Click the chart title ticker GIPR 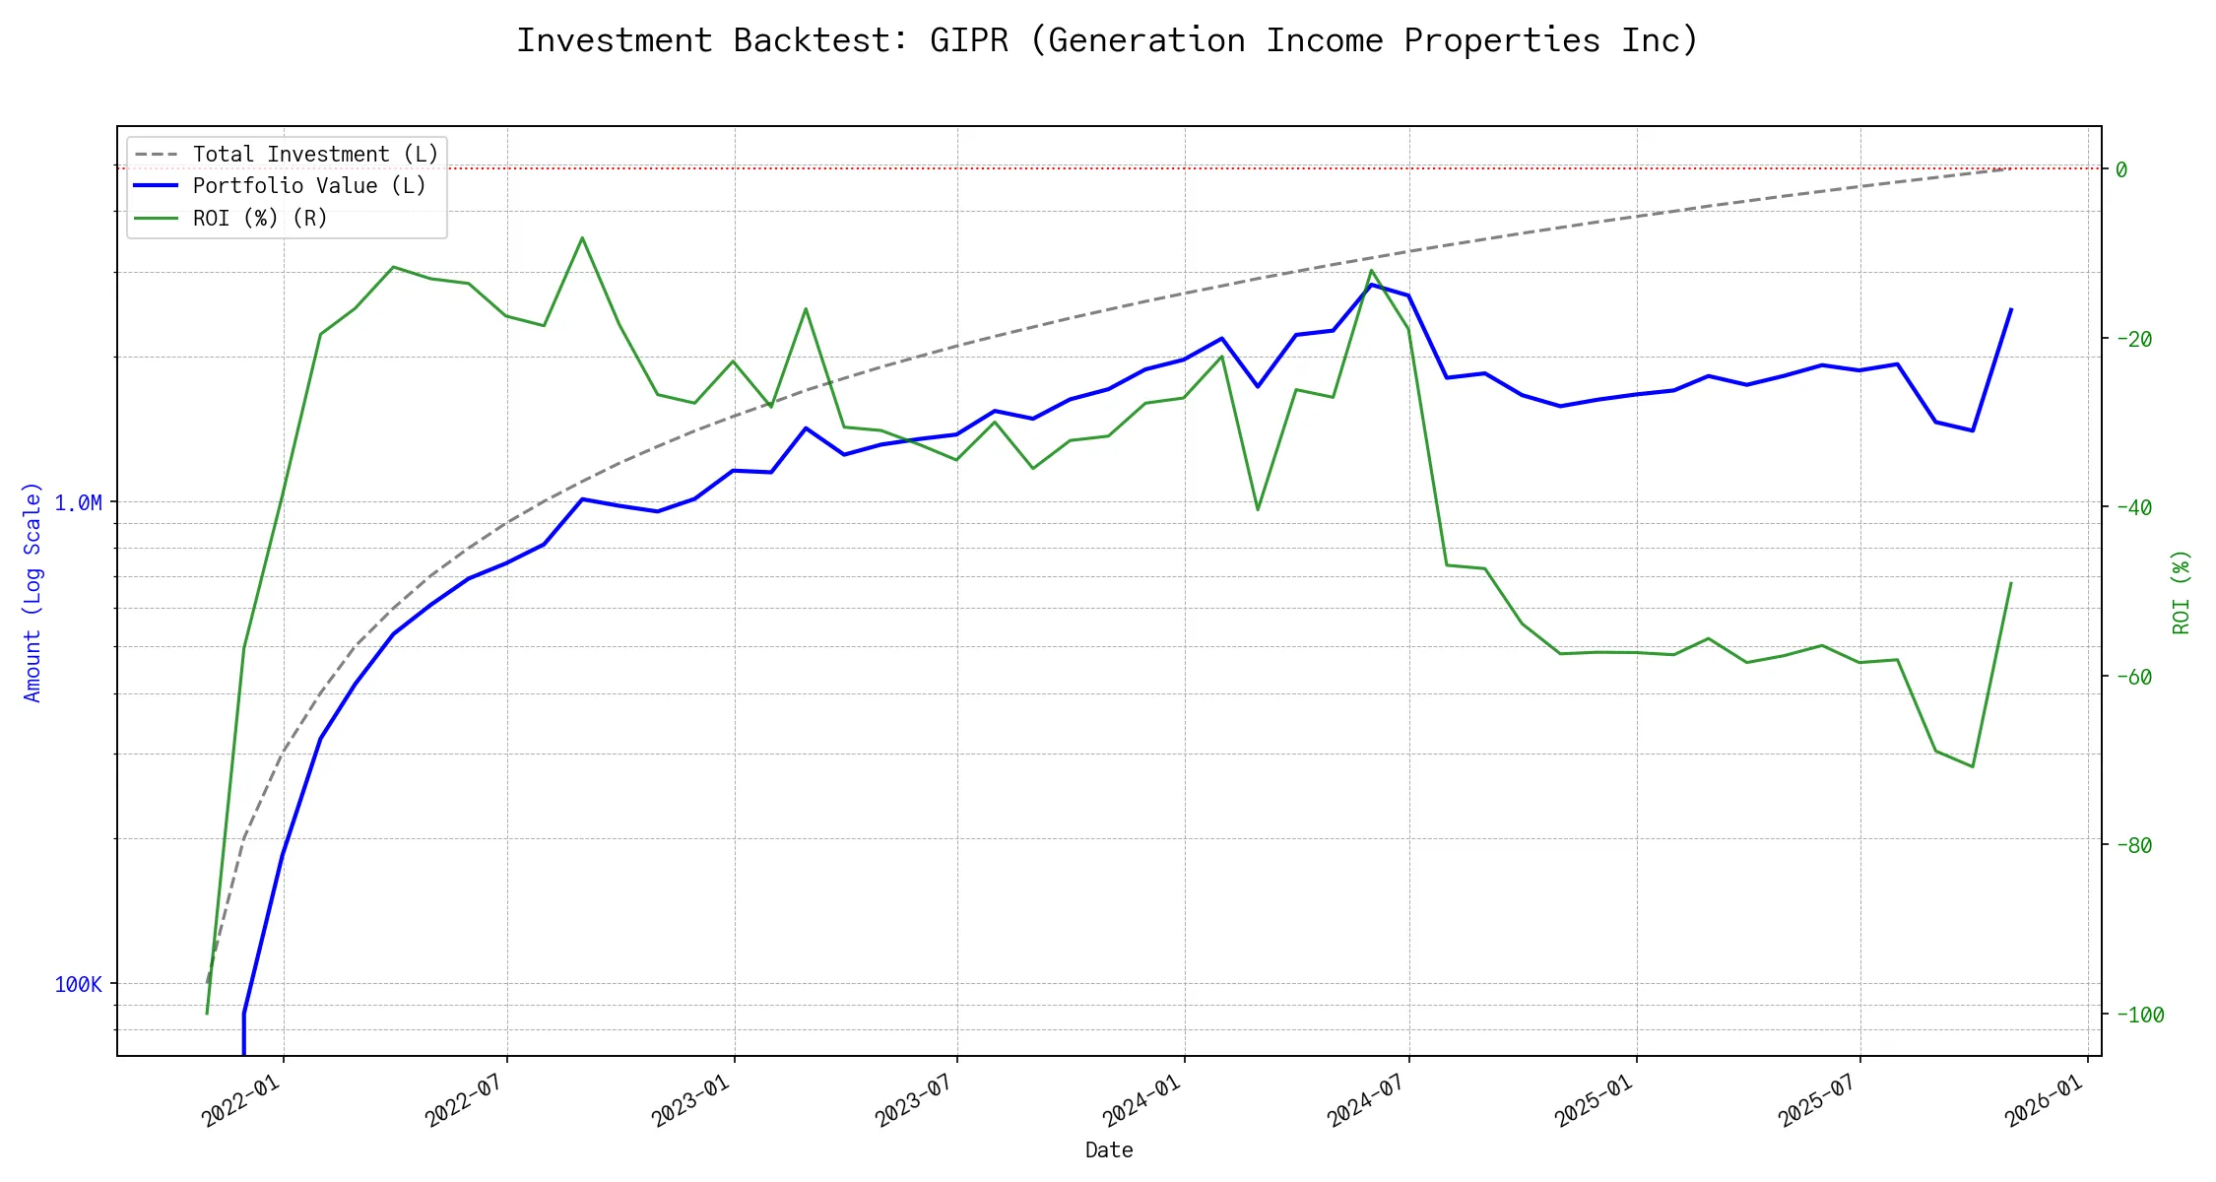pyautogui.click(x=968, y=40)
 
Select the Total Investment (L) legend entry pyautogui.click(x=315, y=155)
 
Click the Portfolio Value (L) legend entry pyautogui.click(x=309, y=186)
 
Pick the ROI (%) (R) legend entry pyautogui.click(x=260, y=219)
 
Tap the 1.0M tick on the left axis pyautogui.click(x=78, y=503)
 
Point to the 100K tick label pyautogui.click(x=78, y=985)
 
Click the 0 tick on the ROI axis pyautogui.click(x=2121, y=169)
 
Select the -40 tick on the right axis pyautogui.click(x=2132, y=507)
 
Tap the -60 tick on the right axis pyautogui.click(x=2132, y=677)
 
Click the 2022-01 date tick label pyautogui.click(x=241, y=1100)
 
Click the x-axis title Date pyautogui.click(x=1109, y=1150)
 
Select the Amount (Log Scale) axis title pyautogui.click(x=33, y=592)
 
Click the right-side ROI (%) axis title pyautogui.click(x=2181, y=592)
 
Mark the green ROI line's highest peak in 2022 pyautogui.click(x=582, y=237)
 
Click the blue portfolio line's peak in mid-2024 pyautogui.click(x=1371, y=285)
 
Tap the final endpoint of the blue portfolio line pyautogui.click(x=2011, y=309)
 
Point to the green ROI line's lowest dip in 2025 pyautogui.click(x=1973, y=766)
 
